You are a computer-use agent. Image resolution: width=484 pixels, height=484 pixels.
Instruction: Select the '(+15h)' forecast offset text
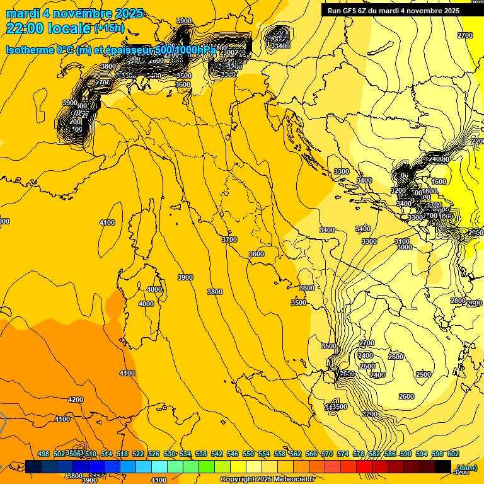(109, 28)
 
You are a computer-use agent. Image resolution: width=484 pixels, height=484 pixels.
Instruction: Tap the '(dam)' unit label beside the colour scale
(466, 468)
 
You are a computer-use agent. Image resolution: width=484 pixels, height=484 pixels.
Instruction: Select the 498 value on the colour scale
(43, 454)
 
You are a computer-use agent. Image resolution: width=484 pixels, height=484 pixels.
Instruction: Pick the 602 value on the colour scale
(452, 454)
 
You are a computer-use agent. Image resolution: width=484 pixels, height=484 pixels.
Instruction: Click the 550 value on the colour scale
(248, 454)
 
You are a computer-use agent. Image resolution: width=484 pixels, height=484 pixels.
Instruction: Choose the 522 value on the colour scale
(138, 454)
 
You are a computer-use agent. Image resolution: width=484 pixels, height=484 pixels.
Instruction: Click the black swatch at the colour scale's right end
(443, 466)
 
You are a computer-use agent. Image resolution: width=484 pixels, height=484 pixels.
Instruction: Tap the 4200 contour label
(76, 400)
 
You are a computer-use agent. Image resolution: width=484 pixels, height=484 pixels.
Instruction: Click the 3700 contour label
(229, 239)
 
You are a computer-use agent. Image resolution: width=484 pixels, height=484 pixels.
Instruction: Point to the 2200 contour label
(478, 142)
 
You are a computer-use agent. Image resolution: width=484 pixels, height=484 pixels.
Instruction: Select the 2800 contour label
(458, 301)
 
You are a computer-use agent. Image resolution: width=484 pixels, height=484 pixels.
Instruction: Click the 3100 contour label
(402, 241)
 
